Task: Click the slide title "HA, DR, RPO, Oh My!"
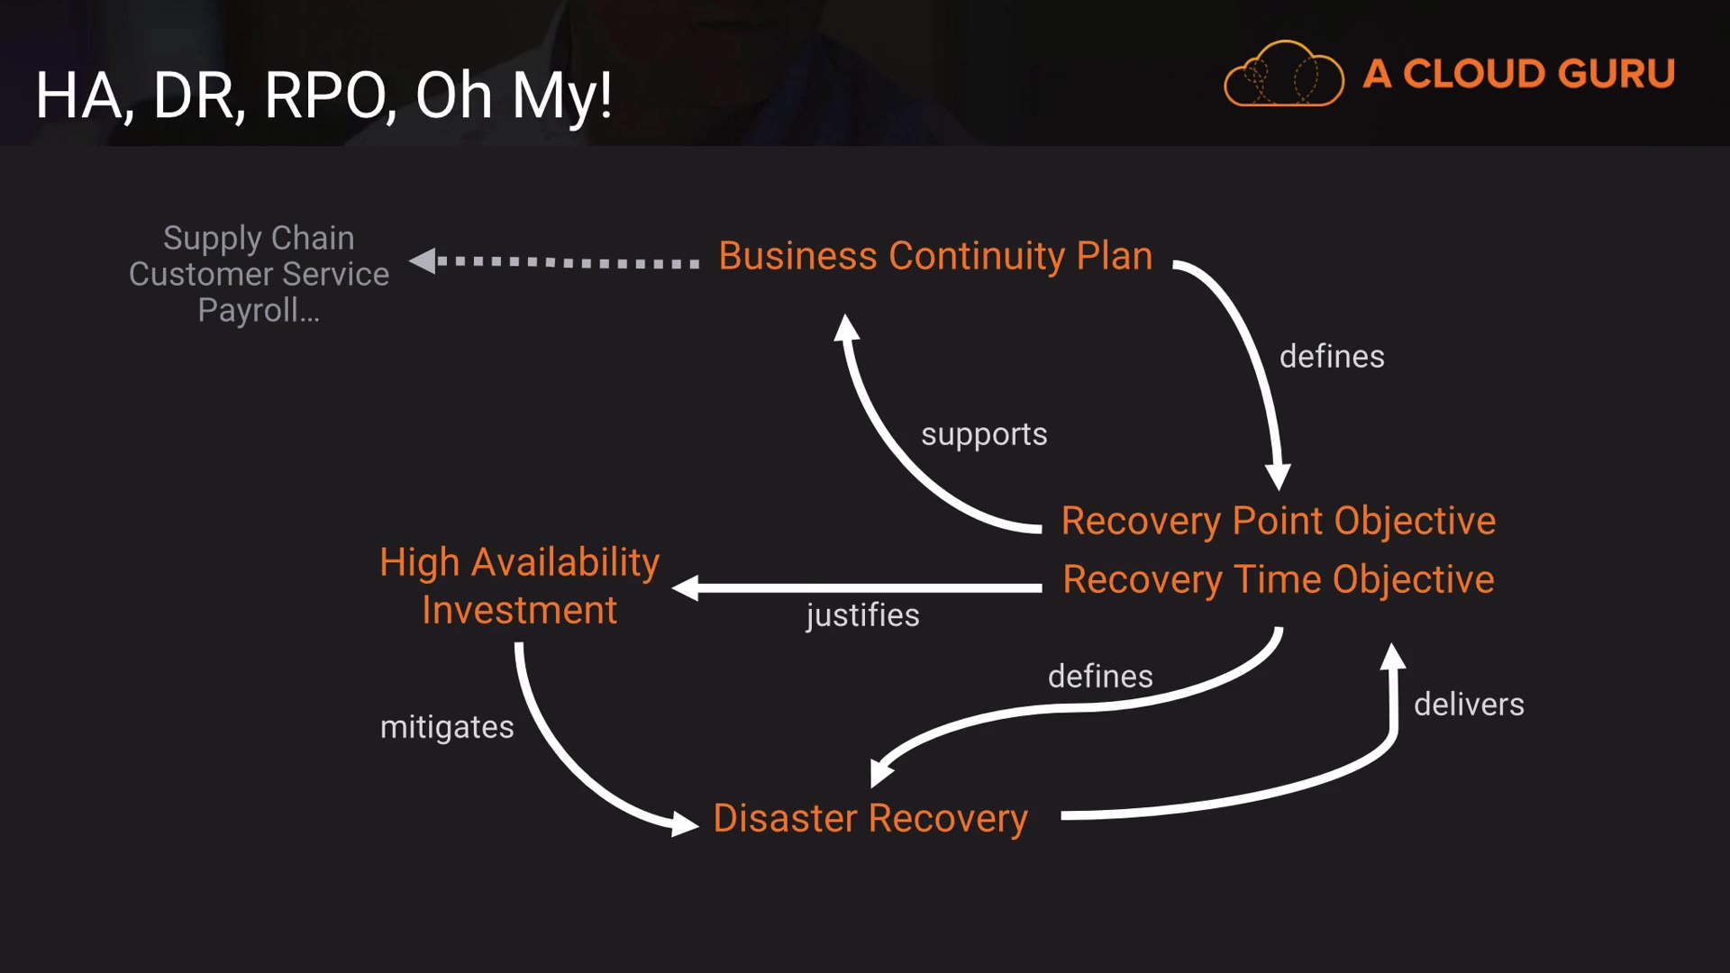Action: pyautogui.click(x=324, y=95)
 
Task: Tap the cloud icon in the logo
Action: pyautogui.click(x=1283, y=74)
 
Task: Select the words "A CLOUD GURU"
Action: pyautogui.click(x=1519, y=74)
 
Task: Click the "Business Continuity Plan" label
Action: pyautogui.click(x=935, y=257)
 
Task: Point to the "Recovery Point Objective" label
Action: pyautogui.click(x=1279, y=522)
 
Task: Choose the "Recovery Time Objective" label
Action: pyautogui.click(x=1279, y=580)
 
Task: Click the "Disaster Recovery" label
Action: pyautogui.click(x=870, y=819)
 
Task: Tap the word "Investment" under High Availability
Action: pyautogui.click(x=520, y=611)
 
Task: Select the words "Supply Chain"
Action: pyautogui.click(x=259, y=239)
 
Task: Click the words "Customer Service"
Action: pyautogui.click(x=259, y=274)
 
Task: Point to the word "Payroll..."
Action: pyautogui.click(x=259, y=311)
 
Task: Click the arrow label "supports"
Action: pyautogui.click(x=984, y=435)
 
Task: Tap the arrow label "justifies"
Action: pyautogui.click(x=862, y=615)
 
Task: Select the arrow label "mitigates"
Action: pyautogui.click(x=447, y=727)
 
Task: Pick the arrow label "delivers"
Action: pyautogui.click(x=1469, y=705)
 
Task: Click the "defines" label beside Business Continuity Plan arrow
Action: pyautogui.click(x=1332, y=357)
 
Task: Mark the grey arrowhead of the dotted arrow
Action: pyautogui.click(x=423, y=261)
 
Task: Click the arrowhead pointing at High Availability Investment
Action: pyautogui.click(x=686, y=588)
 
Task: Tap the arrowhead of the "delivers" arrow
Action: pyautogui.click(x=1393, y=656)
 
